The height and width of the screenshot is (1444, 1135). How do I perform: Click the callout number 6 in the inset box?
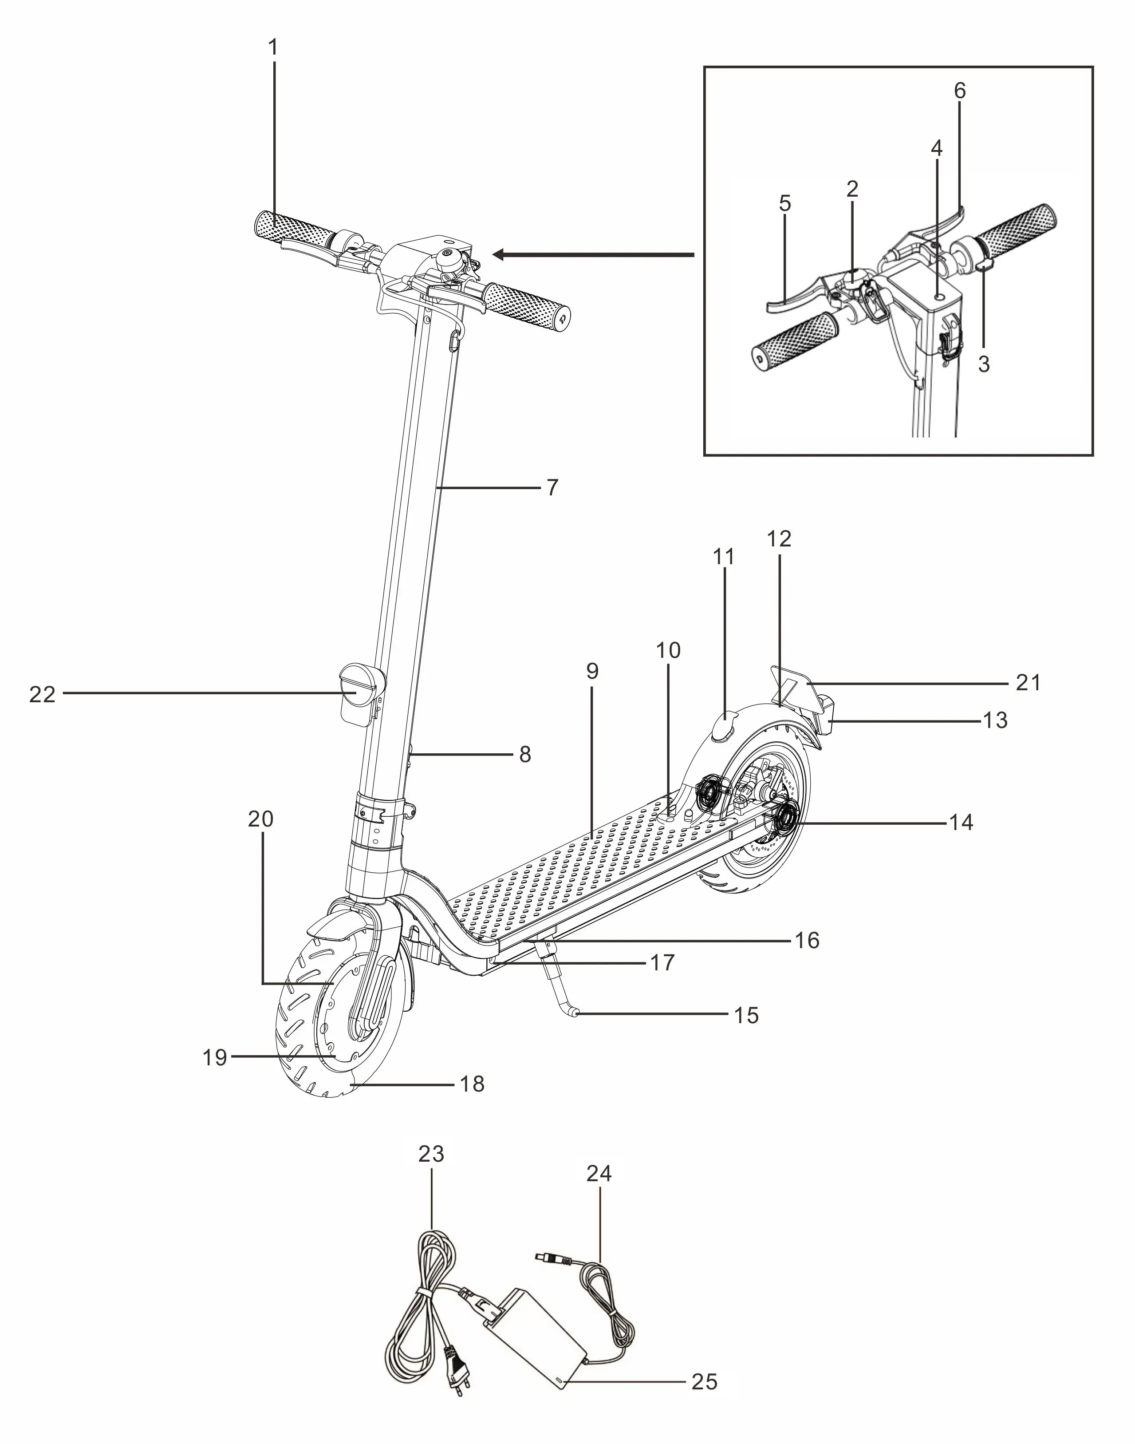960,91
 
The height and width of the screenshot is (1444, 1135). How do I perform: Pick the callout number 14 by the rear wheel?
962,823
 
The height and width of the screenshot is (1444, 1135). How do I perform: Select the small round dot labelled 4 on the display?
938,297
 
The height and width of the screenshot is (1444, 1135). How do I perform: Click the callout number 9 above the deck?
592,672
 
